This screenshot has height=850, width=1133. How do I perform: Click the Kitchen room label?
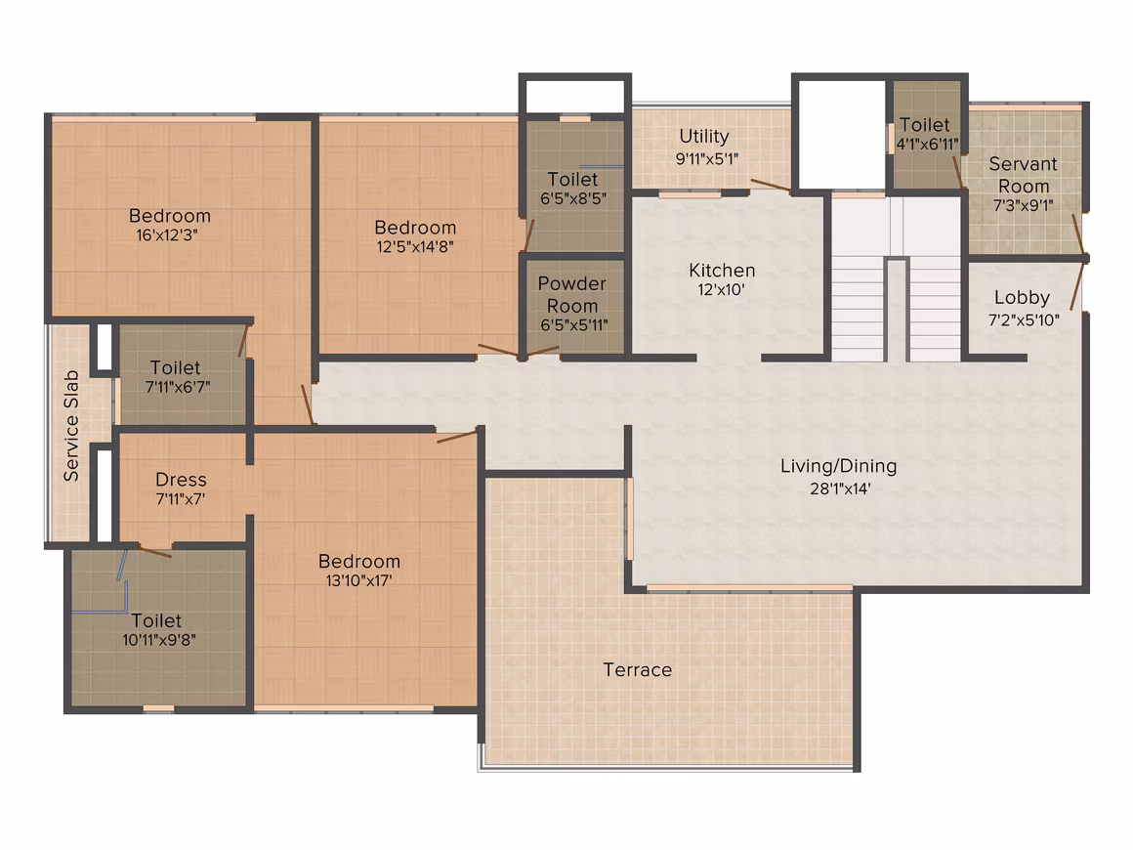click(722, 271)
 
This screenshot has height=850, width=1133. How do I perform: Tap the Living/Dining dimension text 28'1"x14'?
click(840, 489)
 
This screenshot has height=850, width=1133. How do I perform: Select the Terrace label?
click(638, 670)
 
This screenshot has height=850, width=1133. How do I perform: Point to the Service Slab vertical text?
click(70, 426)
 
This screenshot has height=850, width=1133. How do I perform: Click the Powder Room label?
click(572, 294)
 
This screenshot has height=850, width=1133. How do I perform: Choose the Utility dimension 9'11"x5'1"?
click(707, 158)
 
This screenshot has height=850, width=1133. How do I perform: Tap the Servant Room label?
click(1024, 175)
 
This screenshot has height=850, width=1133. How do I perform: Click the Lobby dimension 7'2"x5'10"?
click(1024, 319)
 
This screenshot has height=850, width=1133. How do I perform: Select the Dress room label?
click(181, 479)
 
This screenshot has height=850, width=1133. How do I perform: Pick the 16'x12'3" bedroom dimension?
click(167, 234)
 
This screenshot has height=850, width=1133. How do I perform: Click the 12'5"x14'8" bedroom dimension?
click(415, 246)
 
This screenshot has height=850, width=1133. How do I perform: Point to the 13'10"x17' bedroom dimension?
click(358, 580)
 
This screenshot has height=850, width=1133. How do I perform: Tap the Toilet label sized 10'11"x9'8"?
click(157, 620)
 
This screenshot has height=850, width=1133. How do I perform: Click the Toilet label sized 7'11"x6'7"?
click(176, 367)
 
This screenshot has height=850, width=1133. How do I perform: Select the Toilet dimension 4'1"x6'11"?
click(927, 144)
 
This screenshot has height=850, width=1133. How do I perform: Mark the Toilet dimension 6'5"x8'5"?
click(573, 198)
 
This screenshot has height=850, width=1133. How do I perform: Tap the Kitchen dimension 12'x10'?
click(721, 290)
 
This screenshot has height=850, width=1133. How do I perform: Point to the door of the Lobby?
click(1077, 285)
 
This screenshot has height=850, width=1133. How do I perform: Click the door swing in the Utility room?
click(771, 185)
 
